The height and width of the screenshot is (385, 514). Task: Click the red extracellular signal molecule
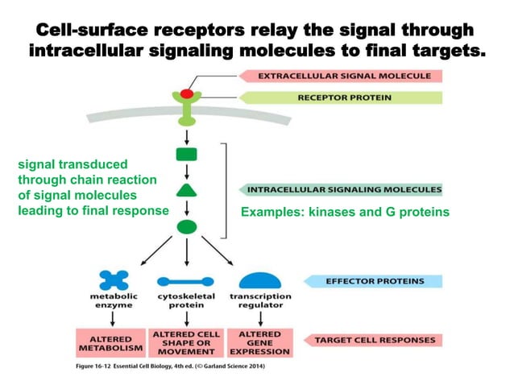point(186,94)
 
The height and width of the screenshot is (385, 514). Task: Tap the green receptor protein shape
point(186,111)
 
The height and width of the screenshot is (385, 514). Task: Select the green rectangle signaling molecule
point(186,153)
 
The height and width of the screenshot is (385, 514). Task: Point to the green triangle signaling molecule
point(186,190)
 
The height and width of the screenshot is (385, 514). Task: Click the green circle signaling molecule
point(186,226)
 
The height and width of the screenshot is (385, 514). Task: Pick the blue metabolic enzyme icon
point(114,280)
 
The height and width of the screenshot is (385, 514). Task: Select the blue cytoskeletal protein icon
point(186,282)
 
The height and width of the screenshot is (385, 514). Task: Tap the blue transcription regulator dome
point(260,280)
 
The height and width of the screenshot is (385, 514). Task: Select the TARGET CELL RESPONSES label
point(375,340)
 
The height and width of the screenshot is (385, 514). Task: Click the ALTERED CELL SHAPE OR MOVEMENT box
point(186,342)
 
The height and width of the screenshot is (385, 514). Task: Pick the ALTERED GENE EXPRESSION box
point(260,342)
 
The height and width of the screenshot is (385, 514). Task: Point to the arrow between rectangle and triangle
point(186,171)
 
